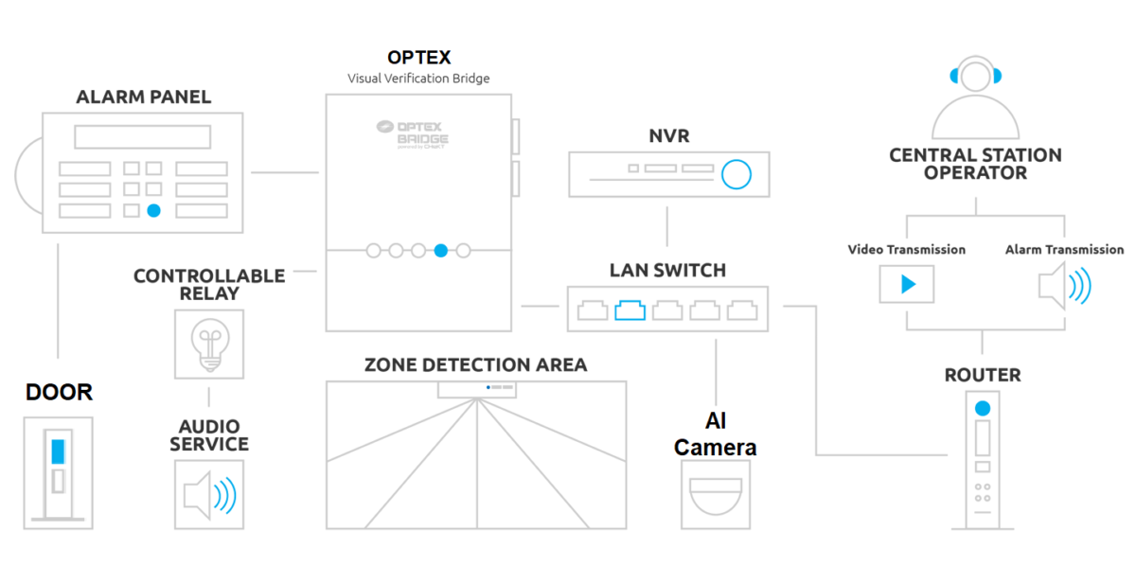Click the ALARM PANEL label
pyautogui.click(x=144, y=97)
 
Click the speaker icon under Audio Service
pyautogui.click(x=209, y=494)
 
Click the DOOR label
pyautogui.click(x=59, y=392)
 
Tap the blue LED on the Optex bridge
pyautogui.click(x=440, y=251)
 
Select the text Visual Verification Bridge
pyautogui.click(x=418, y=79)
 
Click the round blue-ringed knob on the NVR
pyautogui.click(x=736, y=174)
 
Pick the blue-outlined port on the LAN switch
pyautogui.click(x=629, y=310)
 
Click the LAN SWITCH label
pyautogui.click(x=667, y=271)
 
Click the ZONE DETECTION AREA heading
pyautogui.click(x=475, y=364)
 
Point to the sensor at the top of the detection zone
pyautogui.click(x=475, y=388)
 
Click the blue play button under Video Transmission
pyautogui.click(x=907, y=284)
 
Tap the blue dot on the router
pyautogui.click(x=983, y=408)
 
